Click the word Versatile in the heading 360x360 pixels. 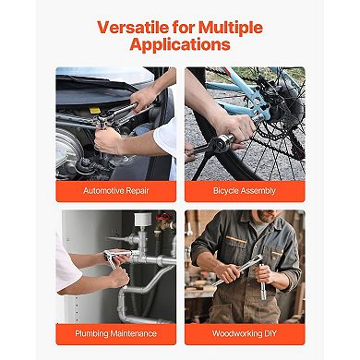(x=133, y=28)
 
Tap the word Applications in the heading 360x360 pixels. (x=180, y=44)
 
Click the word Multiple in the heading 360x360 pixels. (x=231, y=28)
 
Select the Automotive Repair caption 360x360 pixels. (x=116, y=191)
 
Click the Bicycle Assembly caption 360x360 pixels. (x=245, y=191)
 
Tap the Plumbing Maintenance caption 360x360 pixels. (x=116, y=333)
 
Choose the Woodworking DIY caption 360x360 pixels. (x=245, y=333)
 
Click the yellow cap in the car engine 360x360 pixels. (x=95, y=110)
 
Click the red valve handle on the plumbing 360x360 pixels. (x=164, y=216)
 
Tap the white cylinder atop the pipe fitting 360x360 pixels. (x=143, y=220)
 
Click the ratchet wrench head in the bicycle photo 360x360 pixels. (x=223, y=143)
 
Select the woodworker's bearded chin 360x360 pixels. (x=264, y=217)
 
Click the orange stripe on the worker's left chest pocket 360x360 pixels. (x=236, y=239)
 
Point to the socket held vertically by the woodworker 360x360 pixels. (x=262, y=282)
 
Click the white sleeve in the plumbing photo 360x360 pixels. (x=65, y=265)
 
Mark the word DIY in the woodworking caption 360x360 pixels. (x=270, y=333)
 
